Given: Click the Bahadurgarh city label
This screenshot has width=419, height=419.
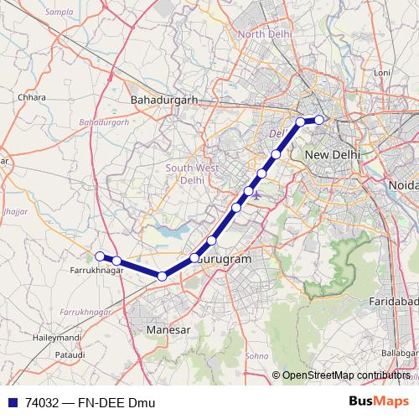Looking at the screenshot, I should tap(164, 100).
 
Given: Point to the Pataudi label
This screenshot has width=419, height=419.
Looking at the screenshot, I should tap(46, 355).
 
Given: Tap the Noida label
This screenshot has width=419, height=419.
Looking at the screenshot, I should tap(404, 184).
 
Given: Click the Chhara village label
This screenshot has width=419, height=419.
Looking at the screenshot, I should tap(32, 97).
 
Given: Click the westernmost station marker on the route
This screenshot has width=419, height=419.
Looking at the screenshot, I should tap(100, 256).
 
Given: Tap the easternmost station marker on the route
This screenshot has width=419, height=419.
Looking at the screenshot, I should tap(319, 120).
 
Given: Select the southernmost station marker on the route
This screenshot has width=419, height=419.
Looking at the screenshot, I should tap(162, 276).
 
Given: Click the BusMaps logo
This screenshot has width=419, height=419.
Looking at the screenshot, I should tap(379, 402).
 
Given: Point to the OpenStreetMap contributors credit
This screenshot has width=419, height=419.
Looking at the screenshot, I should tap(344, 375).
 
